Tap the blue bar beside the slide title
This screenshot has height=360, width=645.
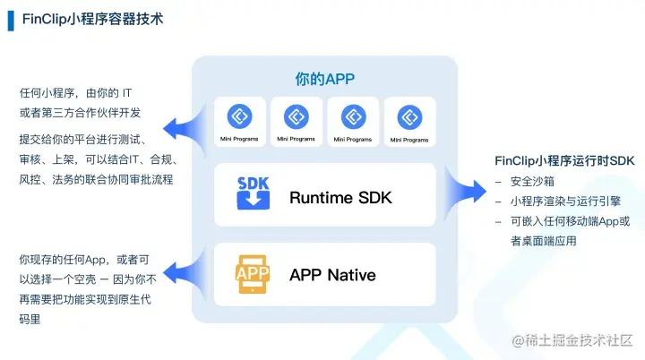11,19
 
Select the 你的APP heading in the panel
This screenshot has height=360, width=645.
325,80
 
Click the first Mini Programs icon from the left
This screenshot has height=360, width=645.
239,116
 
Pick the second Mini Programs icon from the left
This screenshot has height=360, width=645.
296,116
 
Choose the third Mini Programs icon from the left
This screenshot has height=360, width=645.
352,116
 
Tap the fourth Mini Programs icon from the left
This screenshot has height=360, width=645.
409,116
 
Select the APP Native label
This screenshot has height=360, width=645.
332,275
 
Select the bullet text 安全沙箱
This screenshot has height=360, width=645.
536,183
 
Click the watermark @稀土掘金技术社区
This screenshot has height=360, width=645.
573,340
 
